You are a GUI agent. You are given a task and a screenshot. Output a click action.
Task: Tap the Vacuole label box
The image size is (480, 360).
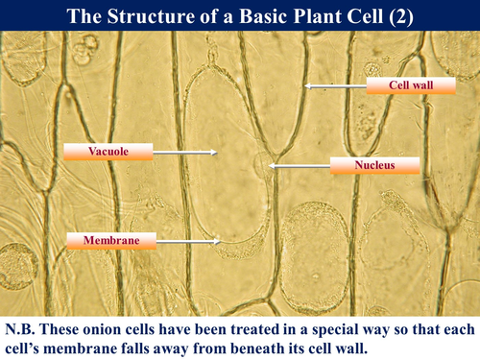pyautogui.click(x=108, y=151)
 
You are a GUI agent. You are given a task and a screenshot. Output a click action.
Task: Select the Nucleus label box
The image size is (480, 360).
pyautogui.click(x=374, y=165)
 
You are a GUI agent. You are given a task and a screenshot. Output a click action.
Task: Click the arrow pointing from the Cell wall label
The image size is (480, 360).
pyautogui.click(x=336, y=86)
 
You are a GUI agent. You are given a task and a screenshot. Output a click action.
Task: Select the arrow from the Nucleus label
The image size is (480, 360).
pyautogui.click(x=298, y=166)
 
